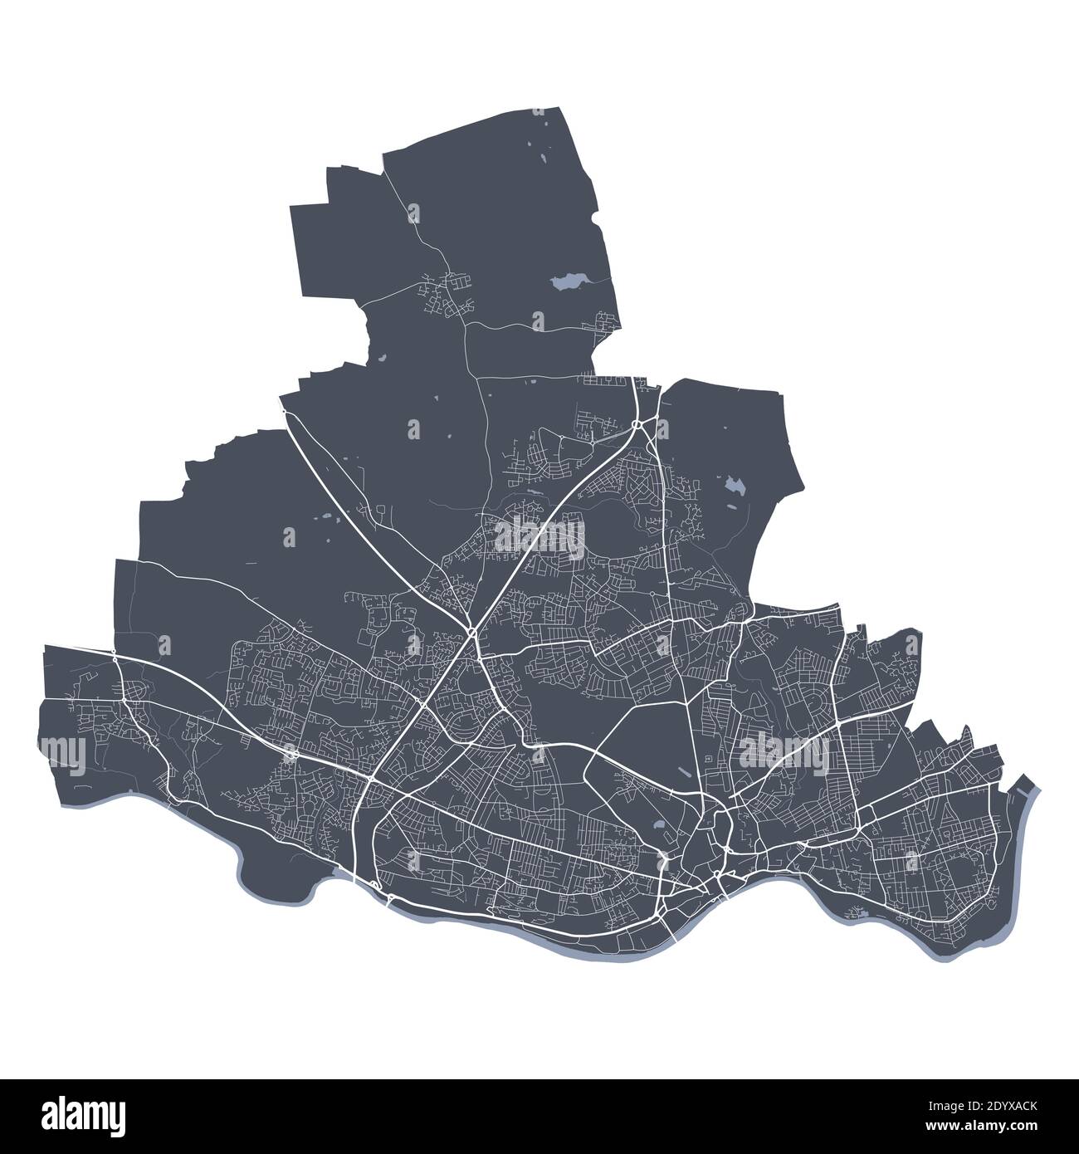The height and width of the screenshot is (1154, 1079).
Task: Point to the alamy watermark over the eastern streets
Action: (x=783, y=753)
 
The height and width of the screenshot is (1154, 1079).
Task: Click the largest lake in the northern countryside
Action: (x=569, y=282)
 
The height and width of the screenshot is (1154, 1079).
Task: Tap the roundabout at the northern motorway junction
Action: (x=636, y=425)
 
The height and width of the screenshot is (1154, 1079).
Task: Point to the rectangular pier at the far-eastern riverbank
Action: (x=1028, y=785)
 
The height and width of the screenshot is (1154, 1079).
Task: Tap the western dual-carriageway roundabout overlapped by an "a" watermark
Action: (x=291, y=754)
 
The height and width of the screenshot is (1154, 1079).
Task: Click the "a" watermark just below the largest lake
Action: (x=539, y=320)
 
